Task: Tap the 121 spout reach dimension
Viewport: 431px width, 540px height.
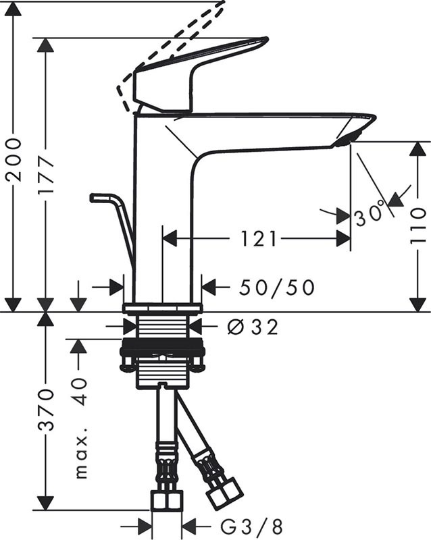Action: (257, 238)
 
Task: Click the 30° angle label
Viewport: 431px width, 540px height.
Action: (370, 215)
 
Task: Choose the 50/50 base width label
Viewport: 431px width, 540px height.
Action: (277, 288)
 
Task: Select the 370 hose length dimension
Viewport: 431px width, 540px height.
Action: (46, 410)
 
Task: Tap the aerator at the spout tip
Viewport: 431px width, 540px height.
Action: (344, 139)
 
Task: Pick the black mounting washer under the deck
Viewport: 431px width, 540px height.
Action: (162, 352)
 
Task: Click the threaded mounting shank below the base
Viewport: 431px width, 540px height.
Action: (162, 331)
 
